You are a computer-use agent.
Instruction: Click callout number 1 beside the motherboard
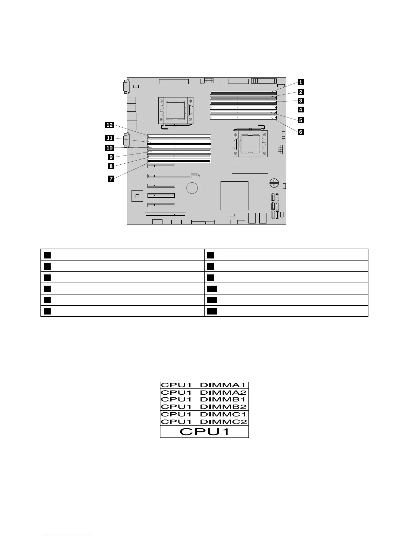[301, 82]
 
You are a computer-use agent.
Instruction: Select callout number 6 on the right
[301, 132]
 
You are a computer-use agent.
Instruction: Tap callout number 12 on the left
[109, 125]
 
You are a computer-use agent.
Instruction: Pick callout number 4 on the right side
[301, 109]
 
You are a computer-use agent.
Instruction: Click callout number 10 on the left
[109, 148]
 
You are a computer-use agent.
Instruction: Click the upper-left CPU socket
[175, 111]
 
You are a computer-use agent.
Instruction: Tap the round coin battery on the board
[192, 187]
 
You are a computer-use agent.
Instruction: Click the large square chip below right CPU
[235, 196]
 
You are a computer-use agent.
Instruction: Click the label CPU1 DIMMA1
[204, 385]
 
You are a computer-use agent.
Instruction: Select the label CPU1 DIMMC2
[204, 422]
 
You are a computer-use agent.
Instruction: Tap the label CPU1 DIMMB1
[204, 400]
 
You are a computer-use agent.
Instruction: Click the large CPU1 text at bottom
[204, 432]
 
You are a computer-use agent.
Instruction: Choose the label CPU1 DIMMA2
[204, 393]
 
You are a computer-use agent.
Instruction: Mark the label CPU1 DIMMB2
[204, 407]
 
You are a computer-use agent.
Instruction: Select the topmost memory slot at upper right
[243, 92]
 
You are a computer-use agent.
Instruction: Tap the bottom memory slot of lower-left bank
[179, 161]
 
